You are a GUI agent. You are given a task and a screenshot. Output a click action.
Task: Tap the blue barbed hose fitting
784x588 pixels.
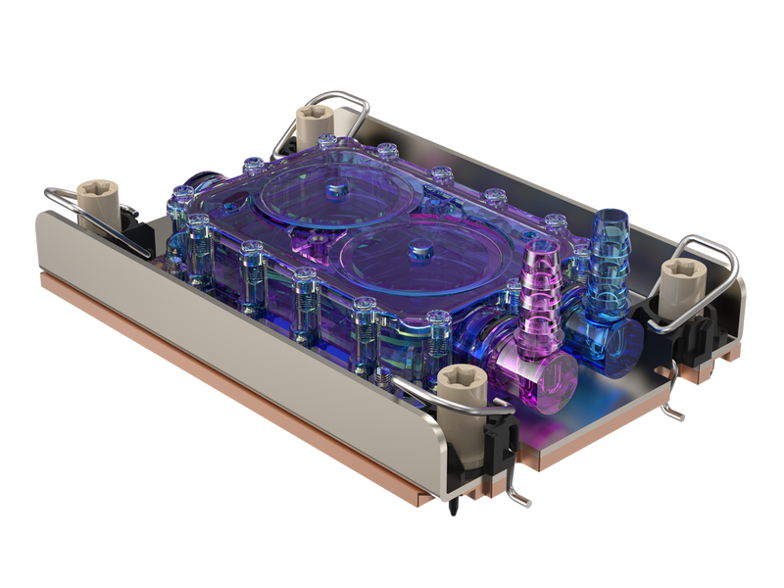[609, 255]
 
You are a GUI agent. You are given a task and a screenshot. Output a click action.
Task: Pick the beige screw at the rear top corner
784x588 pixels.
[315, 124]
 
